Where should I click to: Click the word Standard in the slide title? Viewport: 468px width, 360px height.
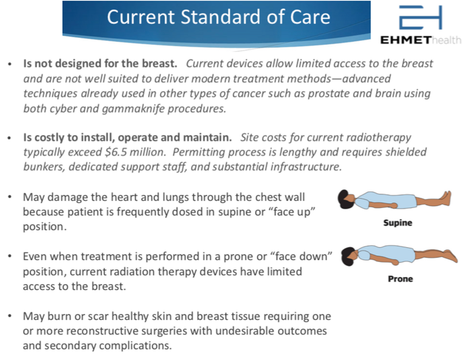click(x=220, y=17)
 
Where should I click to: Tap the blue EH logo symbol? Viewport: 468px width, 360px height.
click(x=420, y=18)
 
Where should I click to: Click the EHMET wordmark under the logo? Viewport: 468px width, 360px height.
click(x=406, y=40)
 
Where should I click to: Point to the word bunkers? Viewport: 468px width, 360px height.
click(x=44, y=167)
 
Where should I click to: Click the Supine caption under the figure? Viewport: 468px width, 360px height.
click(x=397, y=223)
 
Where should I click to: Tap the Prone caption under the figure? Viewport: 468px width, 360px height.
click(x=401, y=279)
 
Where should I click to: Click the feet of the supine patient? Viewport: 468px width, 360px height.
click(x=446, y=198)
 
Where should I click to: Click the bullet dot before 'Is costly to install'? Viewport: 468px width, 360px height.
click(x=9, y=138)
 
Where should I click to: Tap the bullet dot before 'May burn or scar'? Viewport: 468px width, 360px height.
click(x=9, y=316)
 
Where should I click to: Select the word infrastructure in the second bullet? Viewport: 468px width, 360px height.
click(x=306, y=167)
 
